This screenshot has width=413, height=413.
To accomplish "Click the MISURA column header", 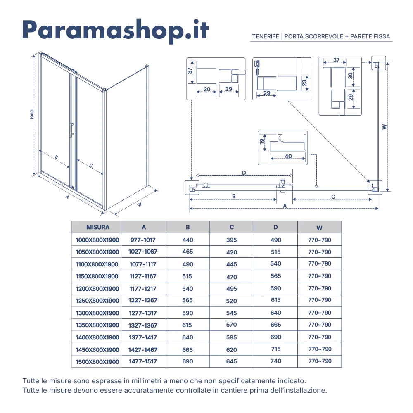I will point(98,227).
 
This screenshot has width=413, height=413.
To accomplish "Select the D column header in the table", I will point(275,227).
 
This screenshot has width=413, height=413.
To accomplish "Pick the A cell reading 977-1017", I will point(143,240).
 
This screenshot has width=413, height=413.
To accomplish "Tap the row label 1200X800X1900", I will point(97,289).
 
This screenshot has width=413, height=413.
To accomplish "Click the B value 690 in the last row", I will point(188,361).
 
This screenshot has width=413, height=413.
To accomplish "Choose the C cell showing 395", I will point(232,240).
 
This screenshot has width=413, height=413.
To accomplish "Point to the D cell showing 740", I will point(275,361).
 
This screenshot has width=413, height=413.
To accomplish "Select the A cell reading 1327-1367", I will point(143,325).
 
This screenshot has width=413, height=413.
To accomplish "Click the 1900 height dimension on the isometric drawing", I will point(32,115).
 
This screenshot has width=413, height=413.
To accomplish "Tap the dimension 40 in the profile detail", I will point(288,156).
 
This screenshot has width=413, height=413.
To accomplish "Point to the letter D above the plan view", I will point(244,172).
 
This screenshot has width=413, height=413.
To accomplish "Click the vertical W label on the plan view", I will point(385,127).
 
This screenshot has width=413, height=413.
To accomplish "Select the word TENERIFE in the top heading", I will point(266,36).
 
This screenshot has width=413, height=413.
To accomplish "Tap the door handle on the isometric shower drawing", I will point(72,129).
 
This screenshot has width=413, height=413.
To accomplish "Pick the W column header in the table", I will point(320,228).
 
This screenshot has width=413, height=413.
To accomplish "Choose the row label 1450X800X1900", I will point(97,349).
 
